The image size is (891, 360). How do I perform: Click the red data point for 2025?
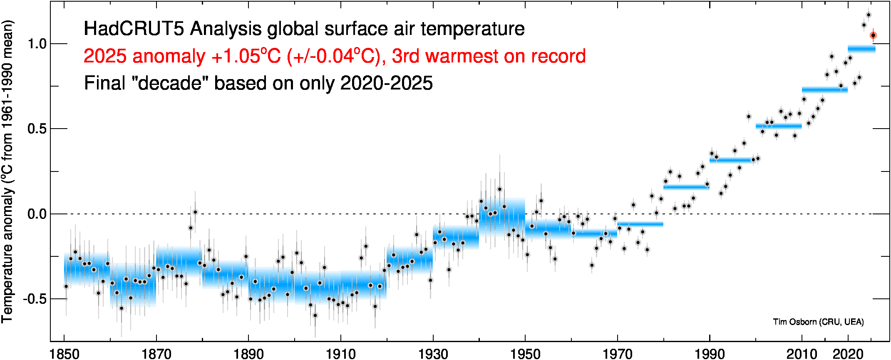873,35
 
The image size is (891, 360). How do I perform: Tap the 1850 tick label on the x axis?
65,354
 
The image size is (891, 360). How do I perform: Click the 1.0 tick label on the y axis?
37,44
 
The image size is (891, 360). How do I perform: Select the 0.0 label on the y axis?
37,214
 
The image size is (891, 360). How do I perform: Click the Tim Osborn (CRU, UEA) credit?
818,322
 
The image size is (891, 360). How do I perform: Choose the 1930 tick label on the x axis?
433,354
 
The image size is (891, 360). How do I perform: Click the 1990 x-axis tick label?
710,354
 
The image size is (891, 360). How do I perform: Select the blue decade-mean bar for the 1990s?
732,160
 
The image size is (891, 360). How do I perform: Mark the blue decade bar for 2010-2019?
824,90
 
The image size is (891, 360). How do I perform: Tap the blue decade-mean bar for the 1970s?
640,224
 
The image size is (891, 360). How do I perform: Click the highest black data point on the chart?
869,15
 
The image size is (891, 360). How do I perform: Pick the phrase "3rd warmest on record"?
489,56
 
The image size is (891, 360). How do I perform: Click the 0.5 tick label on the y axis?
37,129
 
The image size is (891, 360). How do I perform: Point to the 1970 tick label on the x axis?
618,354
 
